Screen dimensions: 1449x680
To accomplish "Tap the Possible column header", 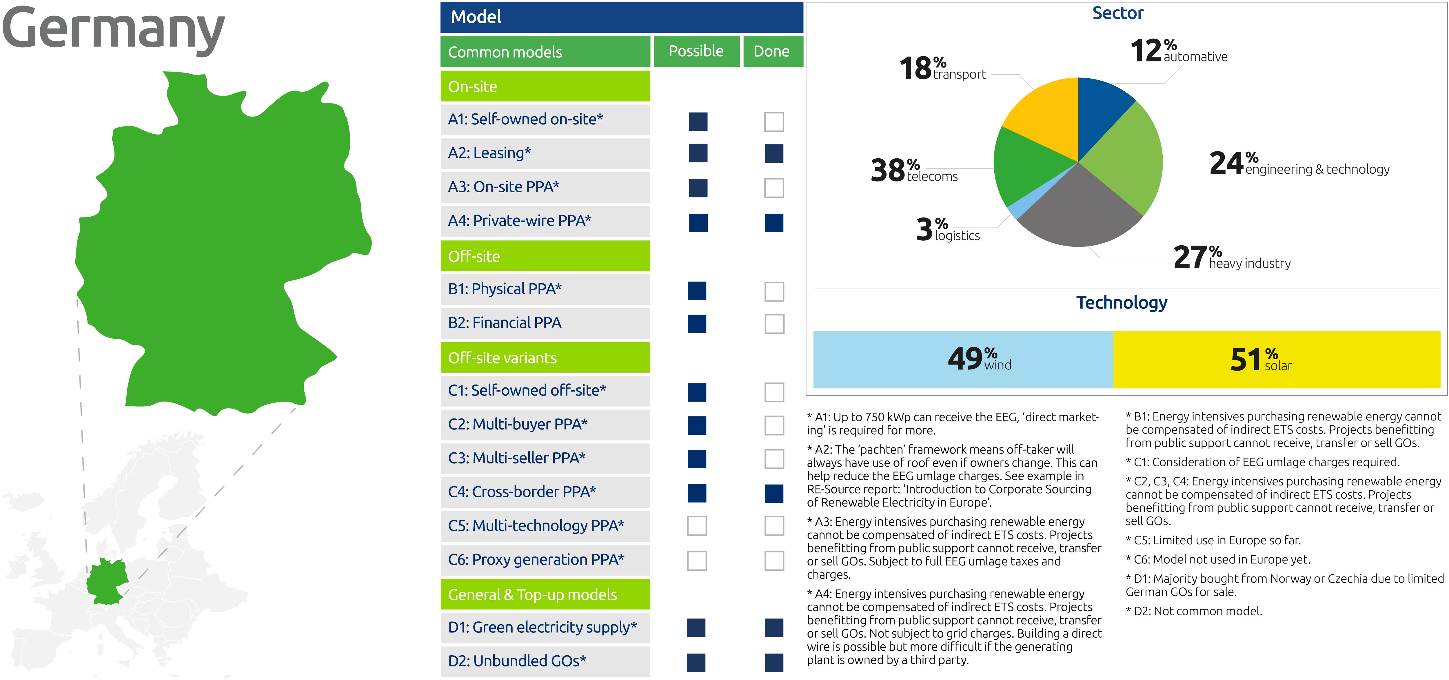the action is click(696, 51).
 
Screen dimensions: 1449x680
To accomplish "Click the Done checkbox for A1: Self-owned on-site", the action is click(774, 122).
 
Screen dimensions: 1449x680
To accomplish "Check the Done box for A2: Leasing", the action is click(774, 153).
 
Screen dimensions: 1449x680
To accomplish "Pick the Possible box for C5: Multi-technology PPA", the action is click(697, 526).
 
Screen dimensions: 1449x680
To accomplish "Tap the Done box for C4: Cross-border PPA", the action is click(774, 493).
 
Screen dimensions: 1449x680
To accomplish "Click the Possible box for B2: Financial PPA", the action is click(697, 324).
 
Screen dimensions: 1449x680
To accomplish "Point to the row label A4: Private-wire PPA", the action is click(519, 221).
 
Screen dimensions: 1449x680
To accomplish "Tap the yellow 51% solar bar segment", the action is click(1277, 360).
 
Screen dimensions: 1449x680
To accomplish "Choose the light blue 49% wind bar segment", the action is click(963, 360).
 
